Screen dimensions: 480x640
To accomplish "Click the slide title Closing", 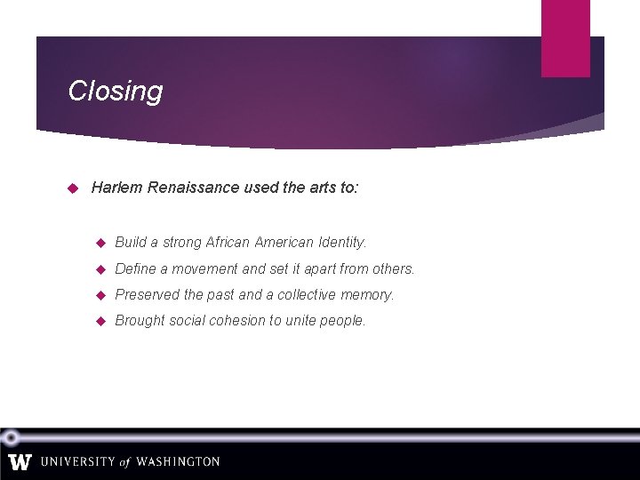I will pos(116,91).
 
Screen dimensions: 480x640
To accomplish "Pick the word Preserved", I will pos(147,294).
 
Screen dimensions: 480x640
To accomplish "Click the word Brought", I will pos(140,321).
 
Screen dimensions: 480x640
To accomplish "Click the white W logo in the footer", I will pos(20,462).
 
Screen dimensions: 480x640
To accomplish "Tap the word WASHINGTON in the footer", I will pos(177,462).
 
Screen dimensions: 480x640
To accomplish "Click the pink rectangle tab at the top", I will pos(565,38).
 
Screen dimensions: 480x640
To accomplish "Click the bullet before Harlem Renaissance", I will pos(75,188).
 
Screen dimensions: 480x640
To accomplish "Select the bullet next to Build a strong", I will pos(100,242).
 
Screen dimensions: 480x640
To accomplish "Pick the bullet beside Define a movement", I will pos(100,268).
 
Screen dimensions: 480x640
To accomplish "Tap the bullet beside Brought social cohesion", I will pos(100,321).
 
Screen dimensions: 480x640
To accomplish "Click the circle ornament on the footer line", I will pos(10,437).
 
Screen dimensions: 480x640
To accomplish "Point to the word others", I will pos(394,268).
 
